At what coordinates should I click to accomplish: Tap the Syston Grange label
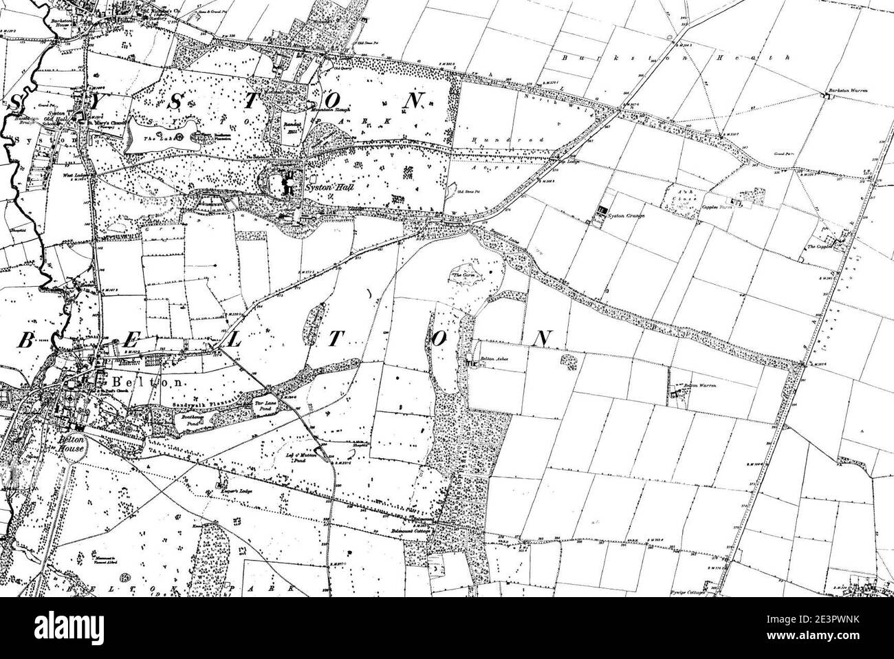625,216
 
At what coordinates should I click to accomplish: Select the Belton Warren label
699,386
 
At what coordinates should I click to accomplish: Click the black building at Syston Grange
603,210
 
